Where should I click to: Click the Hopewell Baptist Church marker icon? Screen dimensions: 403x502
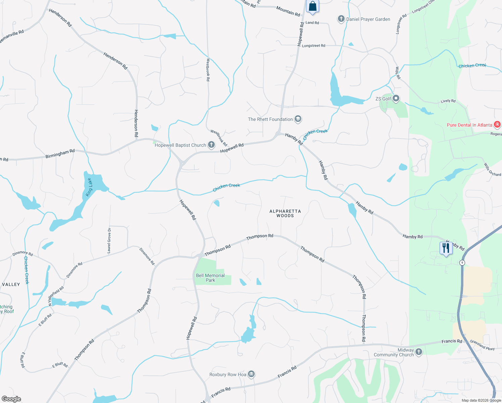(x=211, y=145)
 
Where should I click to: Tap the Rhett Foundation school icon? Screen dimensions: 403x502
(x=298, y=119)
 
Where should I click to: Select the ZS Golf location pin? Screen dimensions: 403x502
(x=396, y=98)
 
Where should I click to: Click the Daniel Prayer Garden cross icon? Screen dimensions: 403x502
(x=341, y=19)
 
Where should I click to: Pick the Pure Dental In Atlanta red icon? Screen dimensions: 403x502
(x=497, y=125)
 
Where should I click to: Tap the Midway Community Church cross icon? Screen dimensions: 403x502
(x=418, y=352)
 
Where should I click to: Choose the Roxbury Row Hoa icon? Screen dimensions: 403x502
(x=251, y=374)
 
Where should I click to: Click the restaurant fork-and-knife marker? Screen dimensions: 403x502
(x=446, y=249)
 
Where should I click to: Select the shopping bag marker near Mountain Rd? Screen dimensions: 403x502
(x=312, y=7)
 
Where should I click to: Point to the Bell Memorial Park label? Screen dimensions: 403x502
(x=210, y=278)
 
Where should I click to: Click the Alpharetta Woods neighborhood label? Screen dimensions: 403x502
(x=285, y=213)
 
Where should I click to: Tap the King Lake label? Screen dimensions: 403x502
(x=89, y=187)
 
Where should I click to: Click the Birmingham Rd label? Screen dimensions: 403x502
(x=60, y=154)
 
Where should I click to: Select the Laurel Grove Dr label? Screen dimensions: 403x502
(x=109, y=240)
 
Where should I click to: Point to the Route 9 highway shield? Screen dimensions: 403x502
(x=462, y=263)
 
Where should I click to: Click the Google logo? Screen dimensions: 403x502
(x=11, y=399)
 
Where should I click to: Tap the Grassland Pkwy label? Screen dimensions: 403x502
(x=482, y=345)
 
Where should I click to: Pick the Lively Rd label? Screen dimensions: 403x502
(x=448, y=101)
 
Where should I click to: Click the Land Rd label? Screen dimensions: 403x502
(x=312, y=23)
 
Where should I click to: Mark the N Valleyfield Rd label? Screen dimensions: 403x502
(x=56, y=296)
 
